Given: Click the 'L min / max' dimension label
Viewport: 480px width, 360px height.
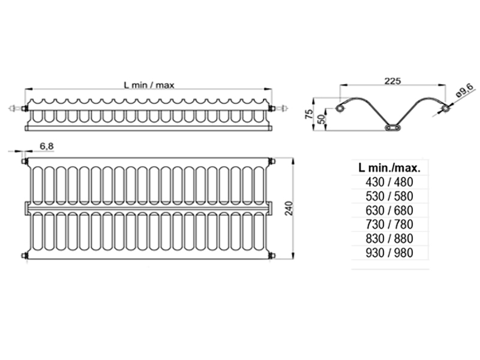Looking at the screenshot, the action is pyautogui.click(x=149, y=85).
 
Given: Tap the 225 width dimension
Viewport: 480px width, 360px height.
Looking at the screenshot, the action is pyautogui.click(x=392, y=81).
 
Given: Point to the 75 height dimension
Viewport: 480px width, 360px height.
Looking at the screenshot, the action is pyautogui.click(x=310, y=114).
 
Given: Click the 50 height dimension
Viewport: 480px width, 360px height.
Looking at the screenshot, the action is pyautogui.click(x=321, y=119).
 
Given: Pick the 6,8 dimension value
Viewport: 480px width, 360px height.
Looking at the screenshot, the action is pyautogui.click(x=47, y=146).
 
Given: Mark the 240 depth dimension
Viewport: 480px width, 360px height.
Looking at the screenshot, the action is pyautogui.click(x=289, y=208).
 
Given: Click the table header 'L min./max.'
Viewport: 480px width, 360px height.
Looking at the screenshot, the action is pyautogui.click(x=389, y=167).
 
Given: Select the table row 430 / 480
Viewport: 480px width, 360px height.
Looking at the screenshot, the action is pyautogui.click(x=389, y=182).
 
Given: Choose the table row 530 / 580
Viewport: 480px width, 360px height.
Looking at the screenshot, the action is pyautogui.click(x=389, y=196).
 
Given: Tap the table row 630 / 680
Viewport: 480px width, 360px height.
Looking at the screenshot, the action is pyautogui.click(x=389, y=211).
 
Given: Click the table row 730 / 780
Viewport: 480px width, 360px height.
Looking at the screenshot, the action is pyautogui.click(x=389, y=224).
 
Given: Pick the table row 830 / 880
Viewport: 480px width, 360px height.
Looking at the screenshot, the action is pyautogui.click(x=389, y=238).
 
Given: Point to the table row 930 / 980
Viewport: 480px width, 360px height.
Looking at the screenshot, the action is pyautogui.click(x=389, y=253).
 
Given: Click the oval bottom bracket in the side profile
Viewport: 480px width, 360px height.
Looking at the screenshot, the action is pyautogui.click(x=392, y=127).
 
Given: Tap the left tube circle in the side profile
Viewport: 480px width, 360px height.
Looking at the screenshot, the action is pyautogui.click(x=340, y=109).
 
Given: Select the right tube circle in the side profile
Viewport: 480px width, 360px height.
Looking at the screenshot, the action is pyautogui.click(x=446, y=109).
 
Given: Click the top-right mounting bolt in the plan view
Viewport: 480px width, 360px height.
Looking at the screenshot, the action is pyautogui.click(x=272, y=161).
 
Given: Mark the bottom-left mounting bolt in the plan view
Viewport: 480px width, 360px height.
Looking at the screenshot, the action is pyautogui.click(x=25, y=256).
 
